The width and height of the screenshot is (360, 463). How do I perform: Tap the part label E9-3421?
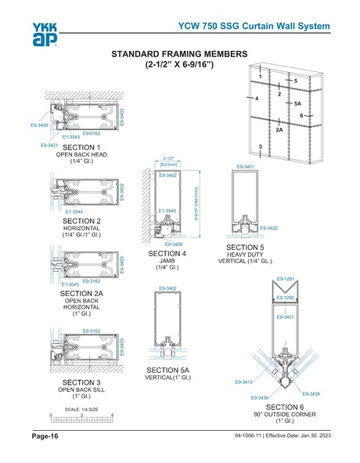(x=52, y=146)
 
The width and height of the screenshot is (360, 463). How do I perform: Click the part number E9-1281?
(x=284, y=279)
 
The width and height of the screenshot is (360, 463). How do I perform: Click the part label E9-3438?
(x=310, y=393)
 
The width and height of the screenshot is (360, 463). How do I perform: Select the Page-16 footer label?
(x=45, y=436)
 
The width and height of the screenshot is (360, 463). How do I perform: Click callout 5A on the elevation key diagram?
(x=297, y=103)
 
